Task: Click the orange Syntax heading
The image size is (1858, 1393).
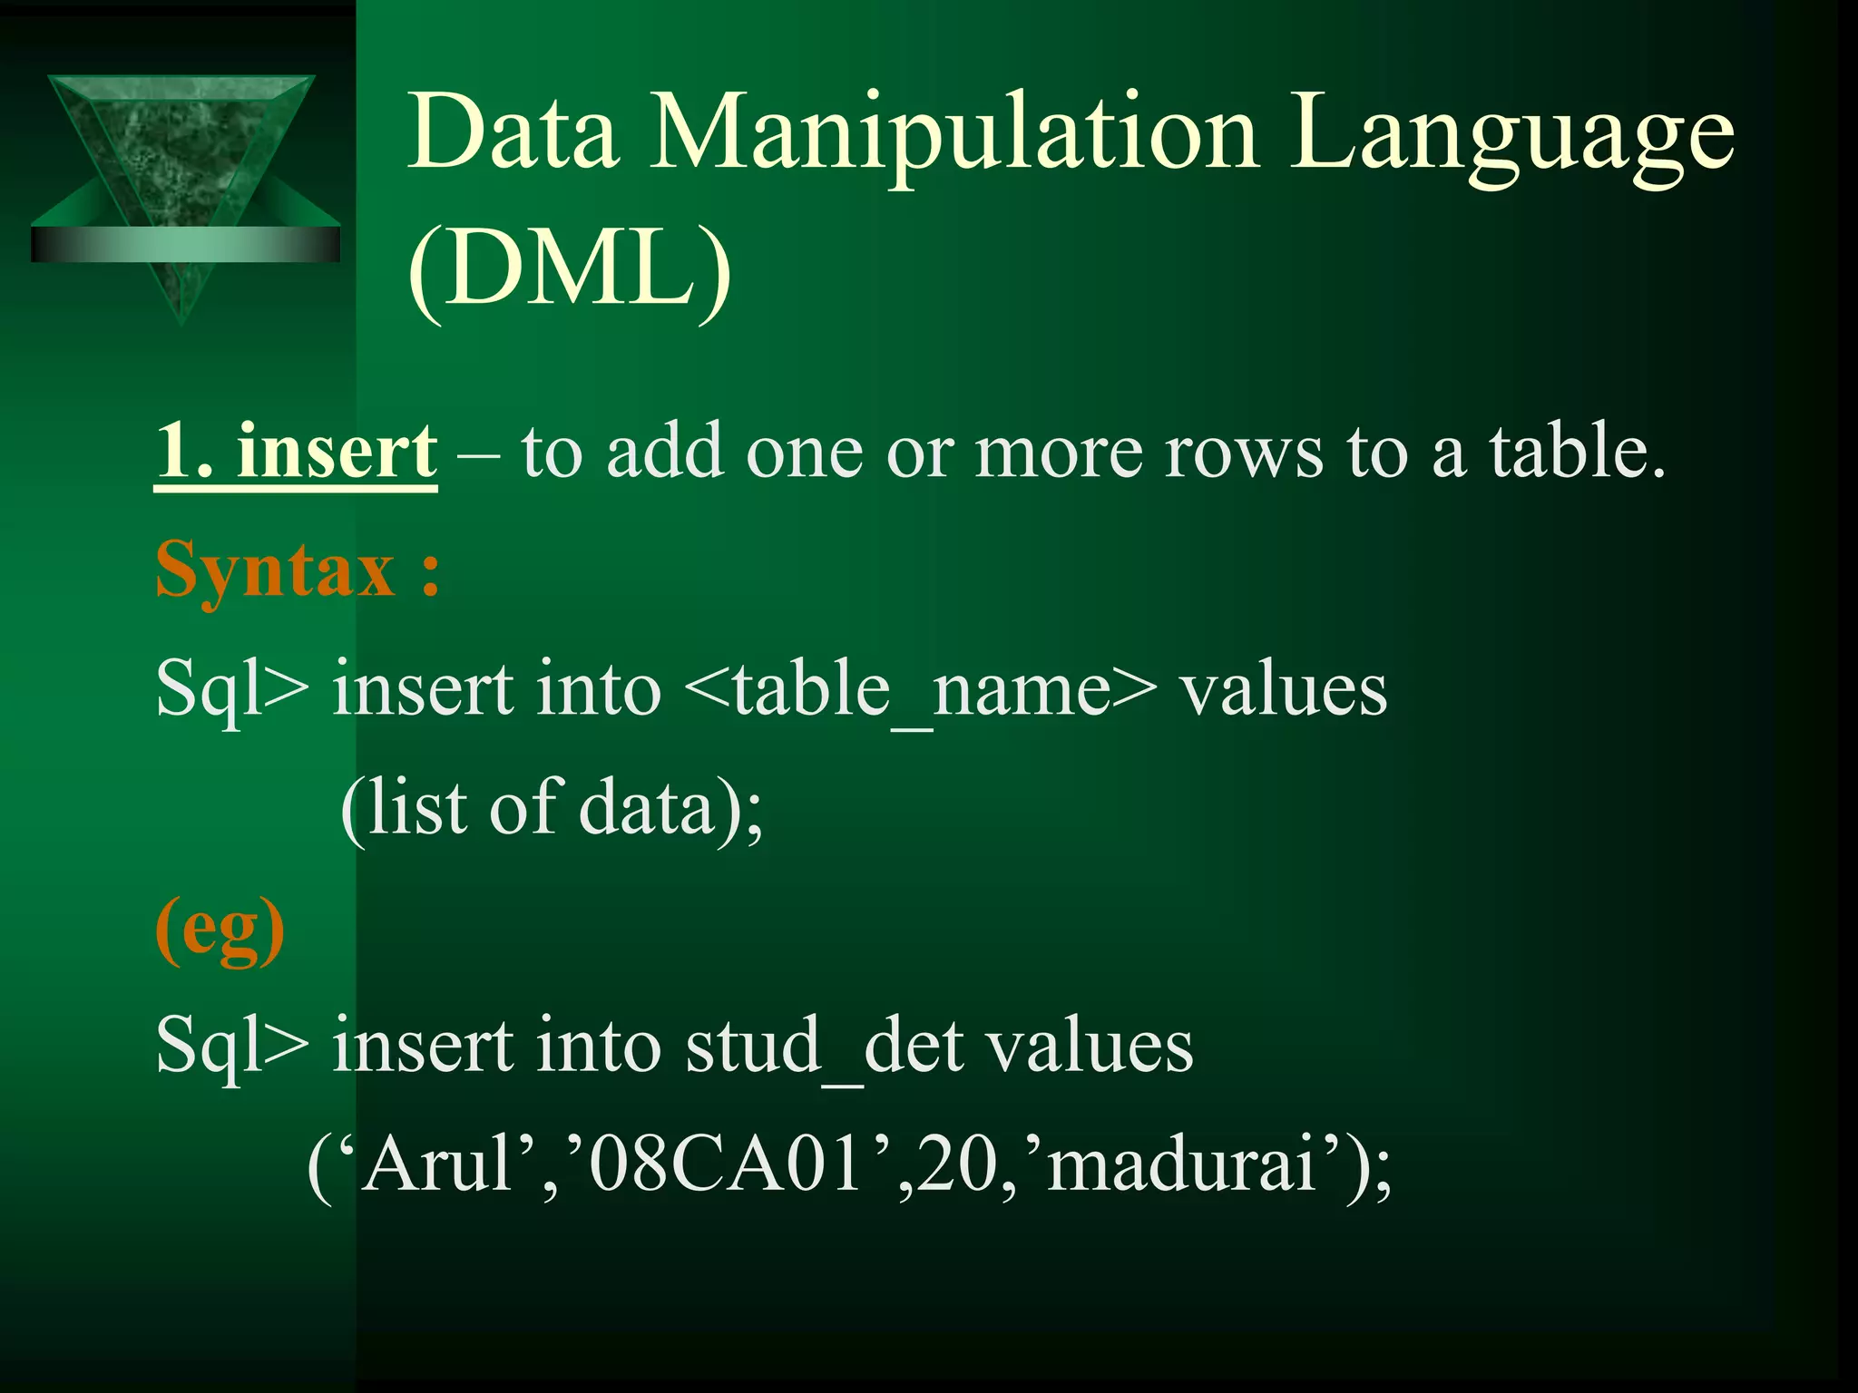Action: (298, 570)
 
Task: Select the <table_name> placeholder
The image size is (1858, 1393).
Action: (921, 689)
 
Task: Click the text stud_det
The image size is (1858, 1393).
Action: (824, 1046)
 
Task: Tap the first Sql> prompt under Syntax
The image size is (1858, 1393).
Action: (232, 689)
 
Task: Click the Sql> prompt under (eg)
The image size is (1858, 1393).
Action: (232, 1046)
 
